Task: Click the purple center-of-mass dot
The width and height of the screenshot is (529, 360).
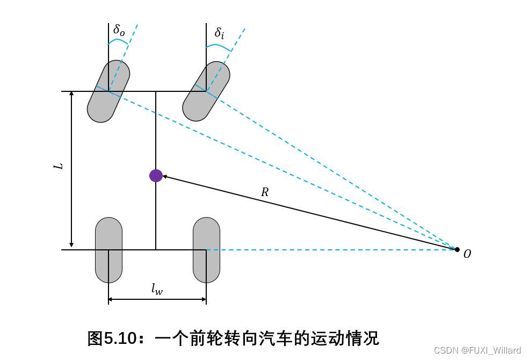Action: [x=156, y=175]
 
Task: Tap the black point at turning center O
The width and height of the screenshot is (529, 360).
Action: [x=457, y=249]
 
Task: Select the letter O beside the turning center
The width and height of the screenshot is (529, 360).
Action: [x=467, y=254]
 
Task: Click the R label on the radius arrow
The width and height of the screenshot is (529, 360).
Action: [x=264, y=192]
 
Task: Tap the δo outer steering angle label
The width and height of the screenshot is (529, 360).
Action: [x=119, y=30]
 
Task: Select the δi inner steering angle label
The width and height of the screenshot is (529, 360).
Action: [x=219, y=33]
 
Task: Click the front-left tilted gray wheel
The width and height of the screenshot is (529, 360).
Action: [x=108, y=91]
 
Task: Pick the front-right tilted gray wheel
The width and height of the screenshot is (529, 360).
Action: [x=206, y=91]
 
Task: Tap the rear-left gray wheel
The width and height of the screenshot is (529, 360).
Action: [x=108, y=250]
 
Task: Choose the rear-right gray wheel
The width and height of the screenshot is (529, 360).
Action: [x=206, y=250]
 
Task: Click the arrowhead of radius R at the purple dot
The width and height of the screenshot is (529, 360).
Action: [x=165, y=176]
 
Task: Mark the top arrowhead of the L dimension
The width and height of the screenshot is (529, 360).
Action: [x=71, y=95]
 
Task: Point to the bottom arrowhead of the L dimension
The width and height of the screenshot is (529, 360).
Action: [x=71, y=246]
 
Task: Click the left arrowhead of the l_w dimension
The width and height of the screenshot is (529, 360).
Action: [x=112, y=299]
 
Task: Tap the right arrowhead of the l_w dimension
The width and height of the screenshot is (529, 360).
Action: [x=203, y=299]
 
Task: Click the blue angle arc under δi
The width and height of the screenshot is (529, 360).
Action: [x=219, y=47]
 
